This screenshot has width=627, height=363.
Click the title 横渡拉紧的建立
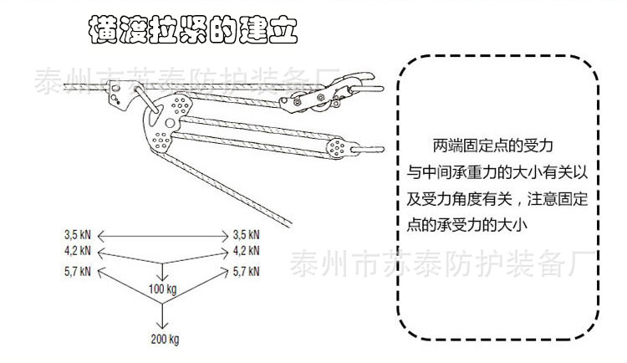(192, 33)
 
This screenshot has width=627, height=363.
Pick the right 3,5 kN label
(247, 235)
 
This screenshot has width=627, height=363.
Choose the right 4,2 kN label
(247, 251)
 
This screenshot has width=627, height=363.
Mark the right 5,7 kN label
(247, 271)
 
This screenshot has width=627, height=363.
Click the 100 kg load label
(163, 289)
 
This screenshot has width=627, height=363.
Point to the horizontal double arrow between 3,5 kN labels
(163, 235)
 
